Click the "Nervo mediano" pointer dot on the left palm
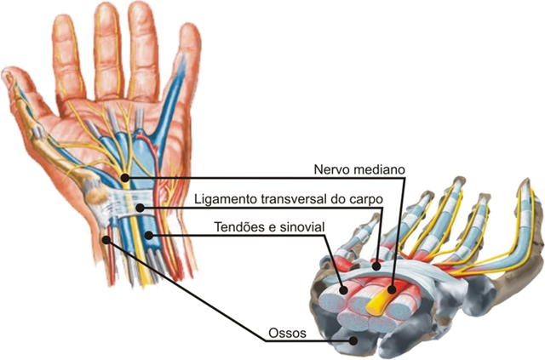coord(125,178)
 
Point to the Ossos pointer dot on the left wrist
coord(105,239)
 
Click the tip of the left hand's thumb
coord(8,75)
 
